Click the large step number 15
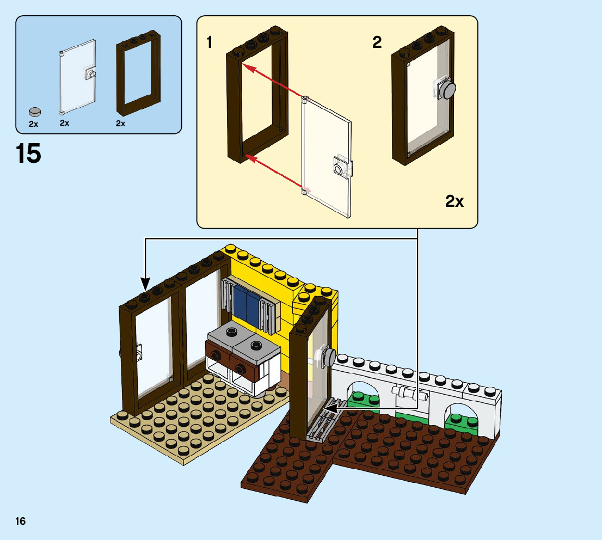coord(28,154)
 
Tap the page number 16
coord(21,521)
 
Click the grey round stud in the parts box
coord(35,111)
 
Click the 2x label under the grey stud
coord(34,124)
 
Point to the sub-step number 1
coord(210,42)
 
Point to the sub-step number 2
coord(377,42)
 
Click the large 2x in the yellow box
coord(454,201)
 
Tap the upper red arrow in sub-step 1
coord(272,82)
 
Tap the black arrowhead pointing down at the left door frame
coord(145,284)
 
